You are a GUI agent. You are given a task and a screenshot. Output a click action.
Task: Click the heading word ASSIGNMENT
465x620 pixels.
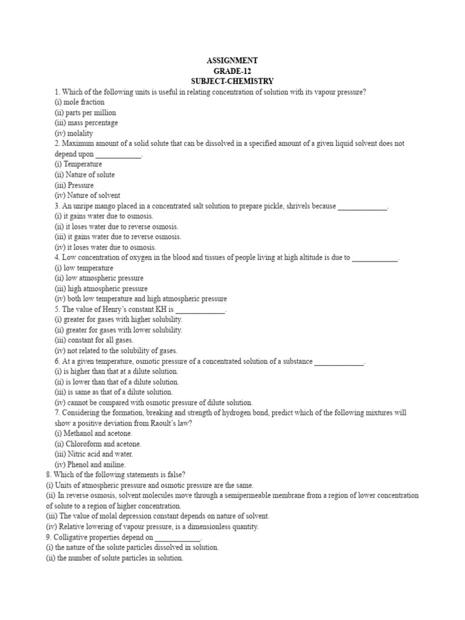click(x=232, y=61)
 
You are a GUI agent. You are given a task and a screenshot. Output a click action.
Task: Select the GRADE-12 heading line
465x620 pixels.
click(x=232, y=71)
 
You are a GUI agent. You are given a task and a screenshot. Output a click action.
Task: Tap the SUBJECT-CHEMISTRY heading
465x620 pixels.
click(x=232, y=81)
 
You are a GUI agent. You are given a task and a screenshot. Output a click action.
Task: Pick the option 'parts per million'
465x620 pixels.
click(x=85, y=113)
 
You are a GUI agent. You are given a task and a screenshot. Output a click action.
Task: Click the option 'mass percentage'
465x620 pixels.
click(x=86, y=123)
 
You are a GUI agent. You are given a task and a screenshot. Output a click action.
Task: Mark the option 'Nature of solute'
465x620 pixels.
click(x=84, y=174)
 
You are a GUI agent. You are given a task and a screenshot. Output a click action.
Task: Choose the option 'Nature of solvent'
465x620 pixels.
click(x=87, y=196)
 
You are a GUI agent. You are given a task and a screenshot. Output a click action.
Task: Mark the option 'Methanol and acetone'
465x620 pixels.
click(x=93, y=434)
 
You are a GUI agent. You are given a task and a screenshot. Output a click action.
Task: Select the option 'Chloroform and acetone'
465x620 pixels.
click(x=97, y=444)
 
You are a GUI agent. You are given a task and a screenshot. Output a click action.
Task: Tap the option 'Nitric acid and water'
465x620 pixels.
click(x=94, y=454)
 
